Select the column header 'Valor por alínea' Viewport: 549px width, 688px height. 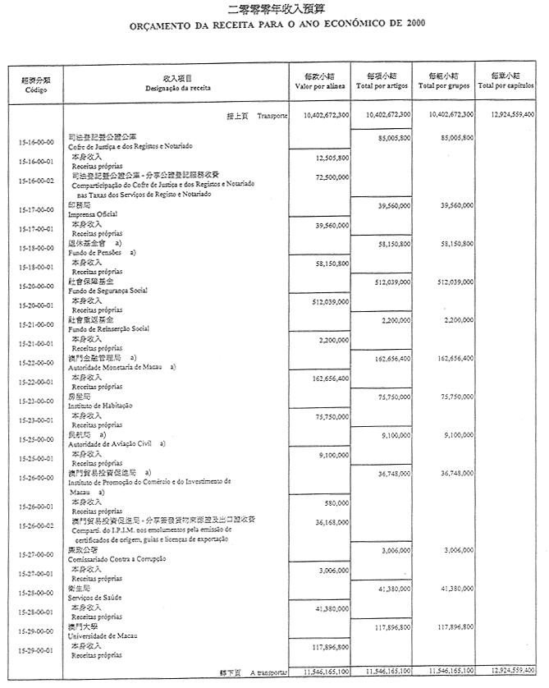[321, 85]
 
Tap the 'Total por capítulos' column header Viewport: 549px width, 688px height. [506, 85]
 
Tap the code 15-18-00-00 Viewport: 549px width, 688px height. [36, 248]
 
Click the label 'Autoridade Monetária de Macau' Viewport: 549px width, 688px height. [116, 368]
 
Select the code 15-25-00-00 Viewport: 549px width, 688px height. [36, 439]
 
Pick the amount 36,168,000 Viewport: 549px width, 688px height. [332, 521]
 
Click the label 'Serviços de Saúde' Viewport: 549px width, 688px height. [94, 597]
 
